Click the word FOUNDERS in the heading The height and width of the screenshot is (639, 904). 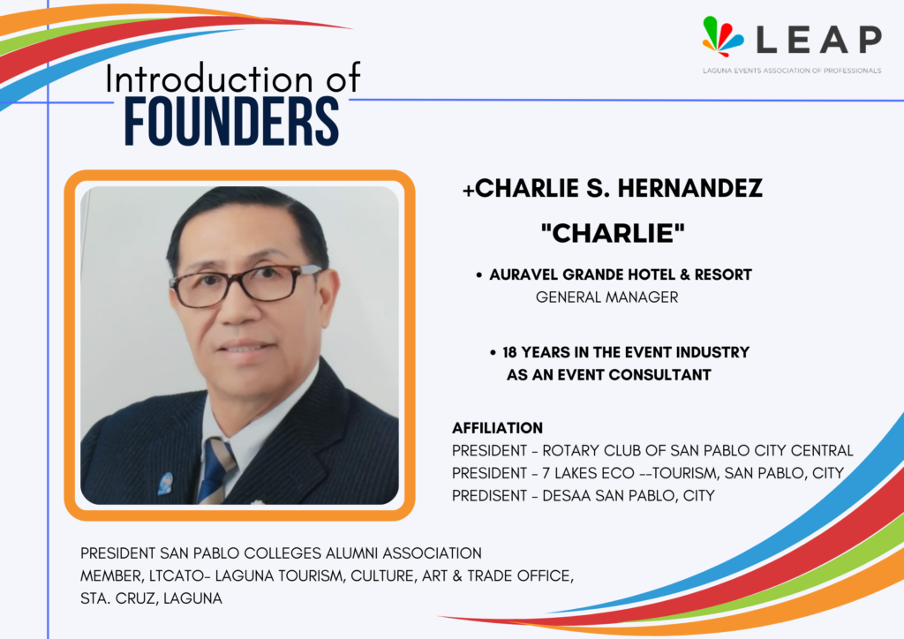pyautogui.click(x=231, y=121)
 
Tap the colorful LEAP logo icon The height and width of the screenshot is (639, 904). pyautogui.click(x=722, y=36)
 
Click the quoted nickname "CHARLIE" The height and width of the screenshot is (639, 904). pyautogui.click(x=613, y=233)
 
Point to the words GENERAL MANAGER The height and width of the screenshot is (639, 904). pyautogui.click(x=606, y=297)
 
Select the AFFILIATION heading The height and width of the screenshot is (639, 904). pyautogui.click(x=497, y=428)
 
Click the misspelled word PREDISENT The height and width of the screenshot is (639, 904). pyautogui.click(x=489, y=495)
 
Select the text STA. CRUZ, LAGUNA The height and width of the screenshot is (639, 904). pyautogui.click(x=151, y=598)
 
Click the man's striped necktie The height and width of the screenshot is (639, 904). pyautogui.click(x=216, y=470)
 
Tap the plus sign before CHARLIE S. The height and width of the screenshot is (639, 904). pyautogui.click(x=468, y=191)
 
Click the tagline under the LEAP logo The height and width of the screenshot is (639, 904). pyautogui.click(x=792, y=71)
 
